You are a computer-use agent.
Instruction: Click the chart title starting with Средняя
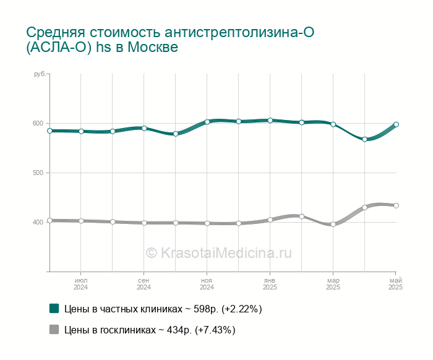(170, 40)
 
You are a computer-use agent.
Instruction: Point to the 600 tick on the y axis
(38, 124)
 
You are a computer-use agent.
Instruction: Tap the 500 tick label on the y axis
(38, 173)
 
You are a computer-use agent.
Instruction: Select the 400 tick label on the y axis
(38, 222)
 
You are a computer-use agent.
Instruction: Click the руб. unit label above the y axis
(40, 74)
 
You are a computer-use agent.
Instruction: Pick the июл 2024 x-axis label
(80, 284)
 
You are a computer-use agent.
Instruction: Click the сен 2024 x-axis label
(144, 284)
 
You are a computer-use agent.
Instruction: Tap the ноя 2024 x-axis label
(207, 284)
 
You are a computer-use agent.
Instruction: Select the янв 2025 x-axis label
(270, 284)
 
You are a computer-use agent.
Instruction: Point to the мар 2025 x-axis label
(333, 284)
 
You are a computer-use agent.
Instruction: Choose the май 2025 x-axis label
(396, 284)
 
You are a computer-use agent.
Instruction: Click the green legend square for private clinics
(54, 309)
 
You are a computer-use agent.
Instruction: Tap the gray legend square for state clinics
(54, 329)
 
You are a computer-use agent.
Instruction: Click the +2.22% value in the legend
(242, 309)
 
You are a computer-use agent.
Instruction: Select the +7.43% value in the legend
(215, 330)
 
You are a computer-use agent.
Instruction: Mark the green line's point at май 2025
(396, 124)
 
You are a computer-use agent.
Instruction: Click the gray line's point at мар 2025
(333, 224)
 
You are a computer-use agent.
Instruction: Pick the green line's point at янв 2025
(270, 121)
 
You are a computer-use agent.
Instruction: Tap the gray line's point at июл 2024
(81, 221)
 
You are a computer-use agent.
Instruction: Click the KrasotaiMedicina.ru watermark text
(219, 252)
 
